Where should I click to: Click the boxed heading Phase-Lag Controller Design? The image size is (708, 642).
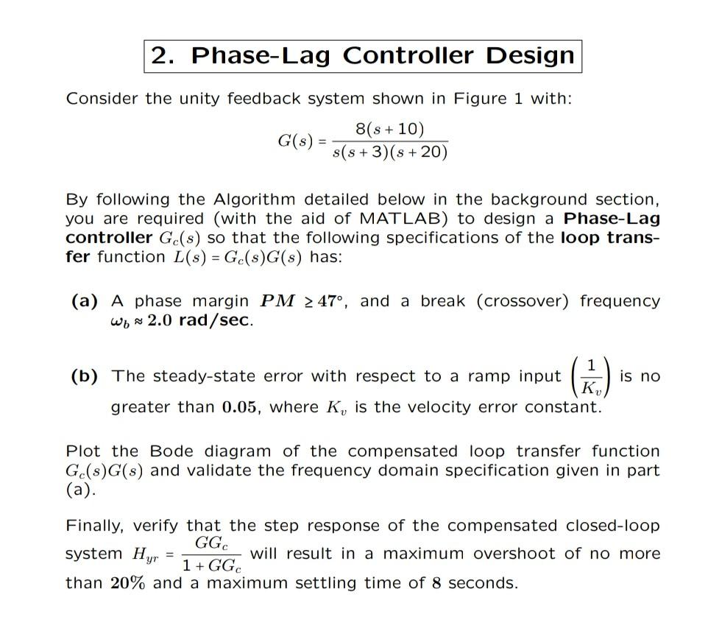click(362, 55)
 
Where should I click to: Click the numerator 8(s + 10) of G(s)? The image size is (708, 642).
click(389, 130)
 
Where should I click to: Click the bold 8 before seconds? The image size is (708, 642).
click(436, 583)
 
